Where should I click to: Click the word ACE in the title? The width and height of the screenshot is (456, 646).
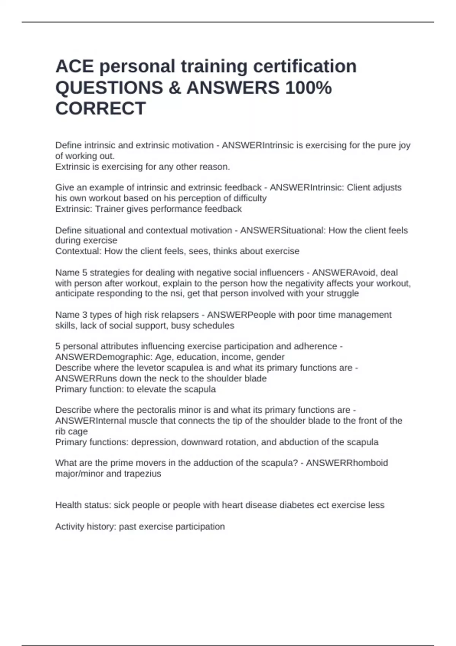click(74, 66)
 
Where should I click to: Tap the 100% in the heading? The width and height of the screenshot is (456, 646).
click(308, 88)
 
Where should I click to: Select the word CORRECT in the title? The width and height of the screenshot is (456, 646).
click(100, 109)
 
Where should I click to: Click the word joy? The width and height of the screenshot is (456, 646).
click(404, 146)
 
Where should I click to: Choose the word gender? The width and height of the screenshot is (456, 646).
click(270, 357)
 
